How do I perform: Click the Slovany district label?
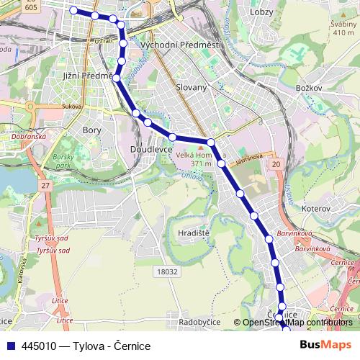pos(192,87)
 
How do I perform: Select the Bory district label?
pos(92,130)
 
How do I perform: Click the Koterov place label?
pos(315,207)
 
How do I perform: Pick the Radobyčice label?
pos(200,322)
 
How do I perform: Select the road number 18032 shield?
pos(166,271)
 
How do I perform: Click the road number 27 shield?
pos(45,186)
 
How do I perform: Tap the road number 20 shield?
pos(276,165)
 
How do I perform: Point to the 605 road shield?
pos(30,6)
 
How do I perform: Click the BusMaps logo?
pos(325,346)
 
